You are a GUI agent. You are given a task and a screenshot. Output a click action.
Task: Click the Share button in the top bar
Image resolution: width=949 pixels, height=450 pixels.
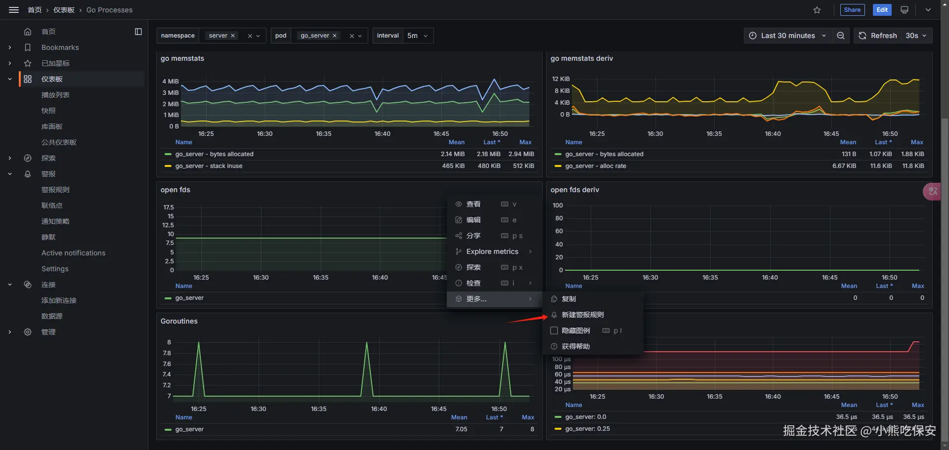click(x=852, y=10)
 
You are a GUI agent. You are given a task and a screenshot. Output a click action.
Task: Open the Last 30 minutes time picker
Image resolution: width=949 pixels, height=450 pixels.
click(x=787, y=36)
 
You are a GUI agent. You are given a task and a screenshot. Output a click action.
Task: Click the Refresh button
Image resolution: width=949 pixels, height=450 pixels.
click(x=878, y=36)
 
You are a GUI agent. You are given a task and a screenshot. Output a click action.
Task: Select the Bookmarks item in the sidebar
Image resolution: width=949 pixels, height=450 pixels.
click(x=60, y=47)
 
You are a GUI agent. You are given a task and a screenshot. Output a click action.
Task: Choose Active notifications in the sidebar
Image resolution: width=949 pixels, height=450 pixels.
click(x=73, y=253)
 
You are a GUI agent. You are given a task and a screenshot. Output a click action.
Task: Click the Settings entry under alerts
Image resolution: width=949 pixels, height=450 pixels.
click(x=55, y=269)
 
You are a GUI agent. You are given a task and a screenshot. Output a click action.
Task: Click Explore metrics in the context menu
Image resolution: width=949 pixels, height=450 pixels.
click(x=492, y=251)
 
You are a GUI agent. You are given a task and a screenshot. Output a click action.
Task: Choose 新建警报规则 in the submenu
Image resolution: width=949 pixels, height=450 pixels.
click(x=583, y=315)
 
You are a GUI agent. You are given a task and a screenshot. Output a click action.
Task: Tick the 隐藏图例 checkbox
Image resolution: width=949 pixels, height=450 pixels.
click(x=554, y=330)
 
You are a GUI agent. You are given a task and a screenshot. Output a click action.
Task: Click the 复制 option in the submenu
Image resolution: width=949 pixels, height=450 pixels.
click(x=569, y=299)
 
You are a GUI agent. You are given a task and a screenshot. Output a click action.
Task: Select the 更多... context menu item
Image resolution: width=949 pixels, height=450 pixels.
click(x=476, y=299)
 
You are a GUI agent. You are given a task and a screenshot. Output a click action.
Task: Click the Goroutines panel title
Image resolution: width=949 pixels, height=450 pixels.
click(x=179, y=321)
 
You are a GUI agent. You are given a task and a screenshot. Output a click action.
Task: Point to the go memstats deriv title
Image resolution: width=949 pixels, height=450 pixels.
click(x=582, y=58)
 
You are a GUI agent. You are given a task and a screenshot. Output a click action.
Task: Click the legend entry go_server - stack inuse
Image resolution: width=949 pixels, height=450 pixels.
click(x=209, y=166)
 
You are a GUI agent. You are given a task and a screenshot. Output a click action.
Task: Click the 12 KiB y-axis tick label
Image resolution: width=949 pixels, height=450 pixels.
click(x=561, y=79)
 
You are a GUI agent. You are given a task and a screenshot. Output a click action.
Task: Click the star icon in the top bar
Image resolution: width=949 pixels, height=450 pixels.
click(x=817, y=10)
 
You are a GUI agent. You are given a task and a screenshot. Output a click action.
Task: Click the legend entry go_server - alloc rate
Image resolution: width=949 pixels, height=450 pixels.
click(x=596, y=166)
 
